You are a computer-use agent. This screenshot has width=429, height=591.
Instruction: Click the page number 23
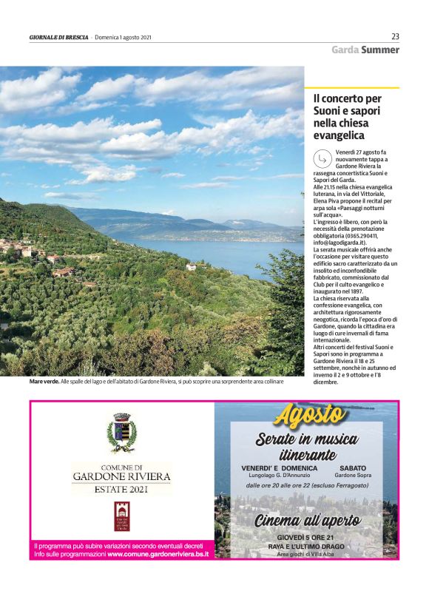[395, 36]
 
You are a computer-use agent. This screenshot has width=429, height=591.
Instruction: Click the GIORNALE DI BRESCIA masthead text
[59, 38]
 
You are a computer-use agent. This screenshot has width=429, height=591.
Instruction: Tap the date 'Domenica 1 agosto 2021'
[124, 38]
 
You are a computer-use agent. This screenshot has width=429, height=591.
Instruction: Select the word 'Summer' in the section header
[381, 50]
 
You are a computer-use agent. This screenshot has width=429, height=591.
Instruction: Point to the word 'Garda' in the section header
[345, 50]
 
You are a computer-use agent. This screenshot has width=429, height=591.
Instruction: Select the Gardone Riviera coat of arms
[121, 433]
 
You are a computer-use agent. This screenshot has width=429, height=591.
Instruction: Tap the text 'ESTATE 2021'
[121, 490]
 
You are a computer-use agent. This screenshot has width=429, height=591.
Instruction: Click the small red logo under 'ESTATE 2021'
[121, 516]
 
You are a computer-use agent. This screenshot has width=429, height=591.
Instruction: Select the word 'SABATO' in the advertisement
[353, 468]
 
